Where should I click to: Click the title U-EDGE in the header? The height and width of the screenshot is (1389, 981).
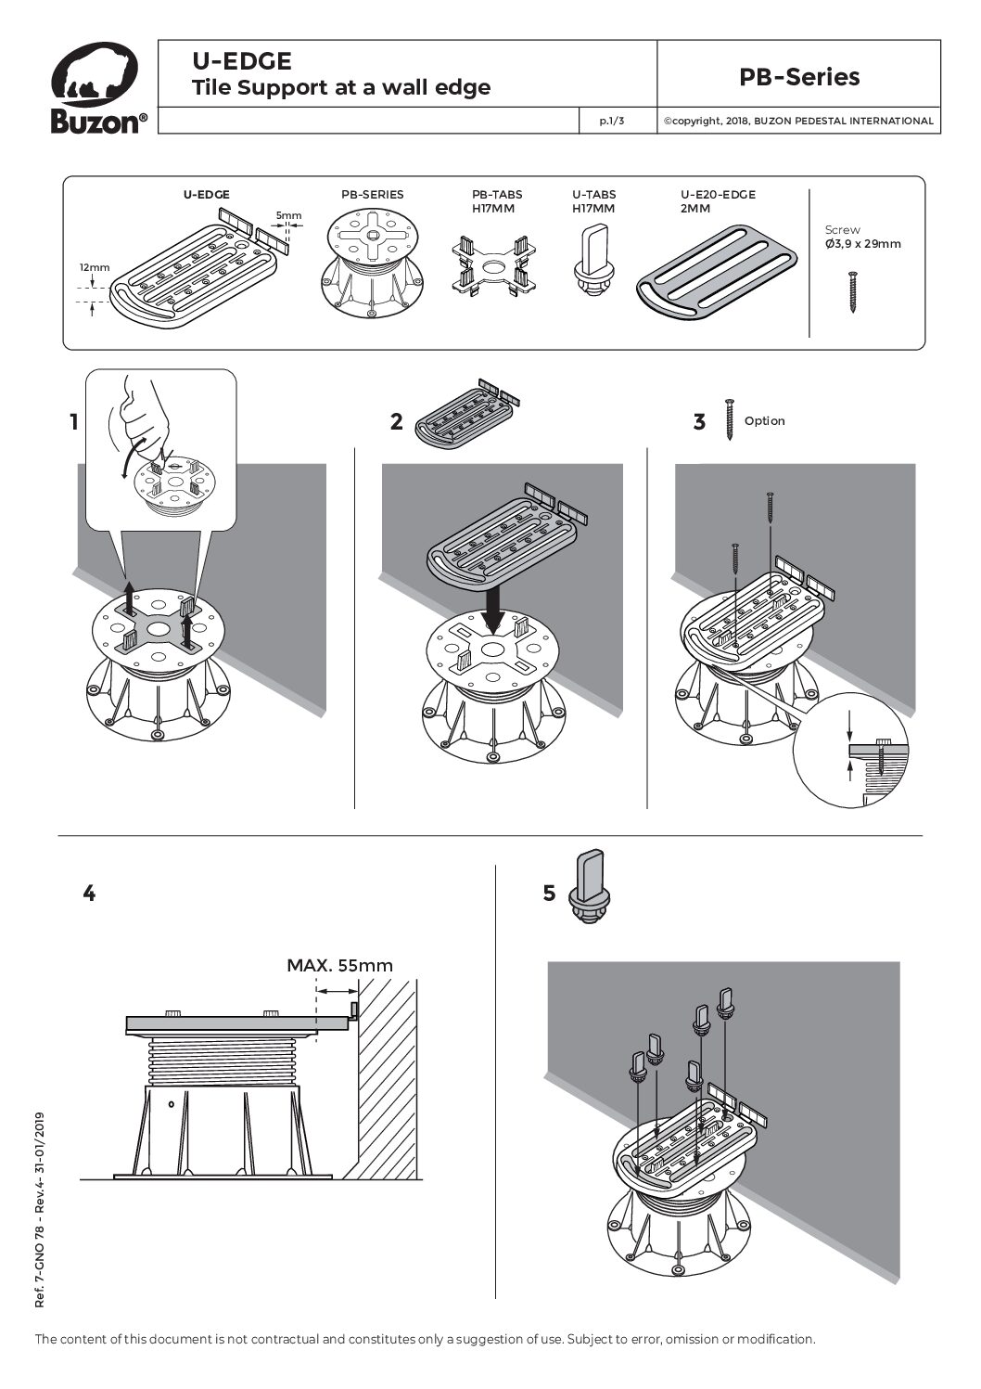(242, 61)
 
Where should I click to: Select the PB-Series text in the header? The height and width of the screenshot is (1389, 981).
(798, 77)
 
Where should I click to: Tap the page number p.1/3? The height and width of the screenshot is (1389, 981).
(611, 121)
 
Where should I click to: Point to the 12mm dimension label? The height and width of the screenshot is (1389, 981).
(94, 267)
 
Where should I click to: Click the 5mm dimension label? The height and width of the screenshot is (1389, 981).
(288, 216)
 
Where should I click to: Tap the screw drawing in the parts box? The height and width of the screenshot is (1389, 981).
(852, 290)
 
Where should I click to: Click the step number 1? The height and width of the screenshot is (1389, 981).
(74, 423)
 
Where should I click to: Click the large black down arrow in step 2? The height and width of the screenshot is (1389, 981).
(496, 613)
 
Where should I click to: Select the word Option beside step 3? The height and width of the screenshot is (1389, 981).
(764, 421)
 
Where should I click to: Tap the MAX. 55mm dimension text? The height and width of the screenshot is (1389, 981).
(339, 965)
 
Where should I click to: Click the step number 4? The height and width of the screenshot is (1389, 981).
(89, 894)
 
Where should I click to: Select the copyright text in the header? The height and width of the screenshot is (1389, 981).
(797, 121)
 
